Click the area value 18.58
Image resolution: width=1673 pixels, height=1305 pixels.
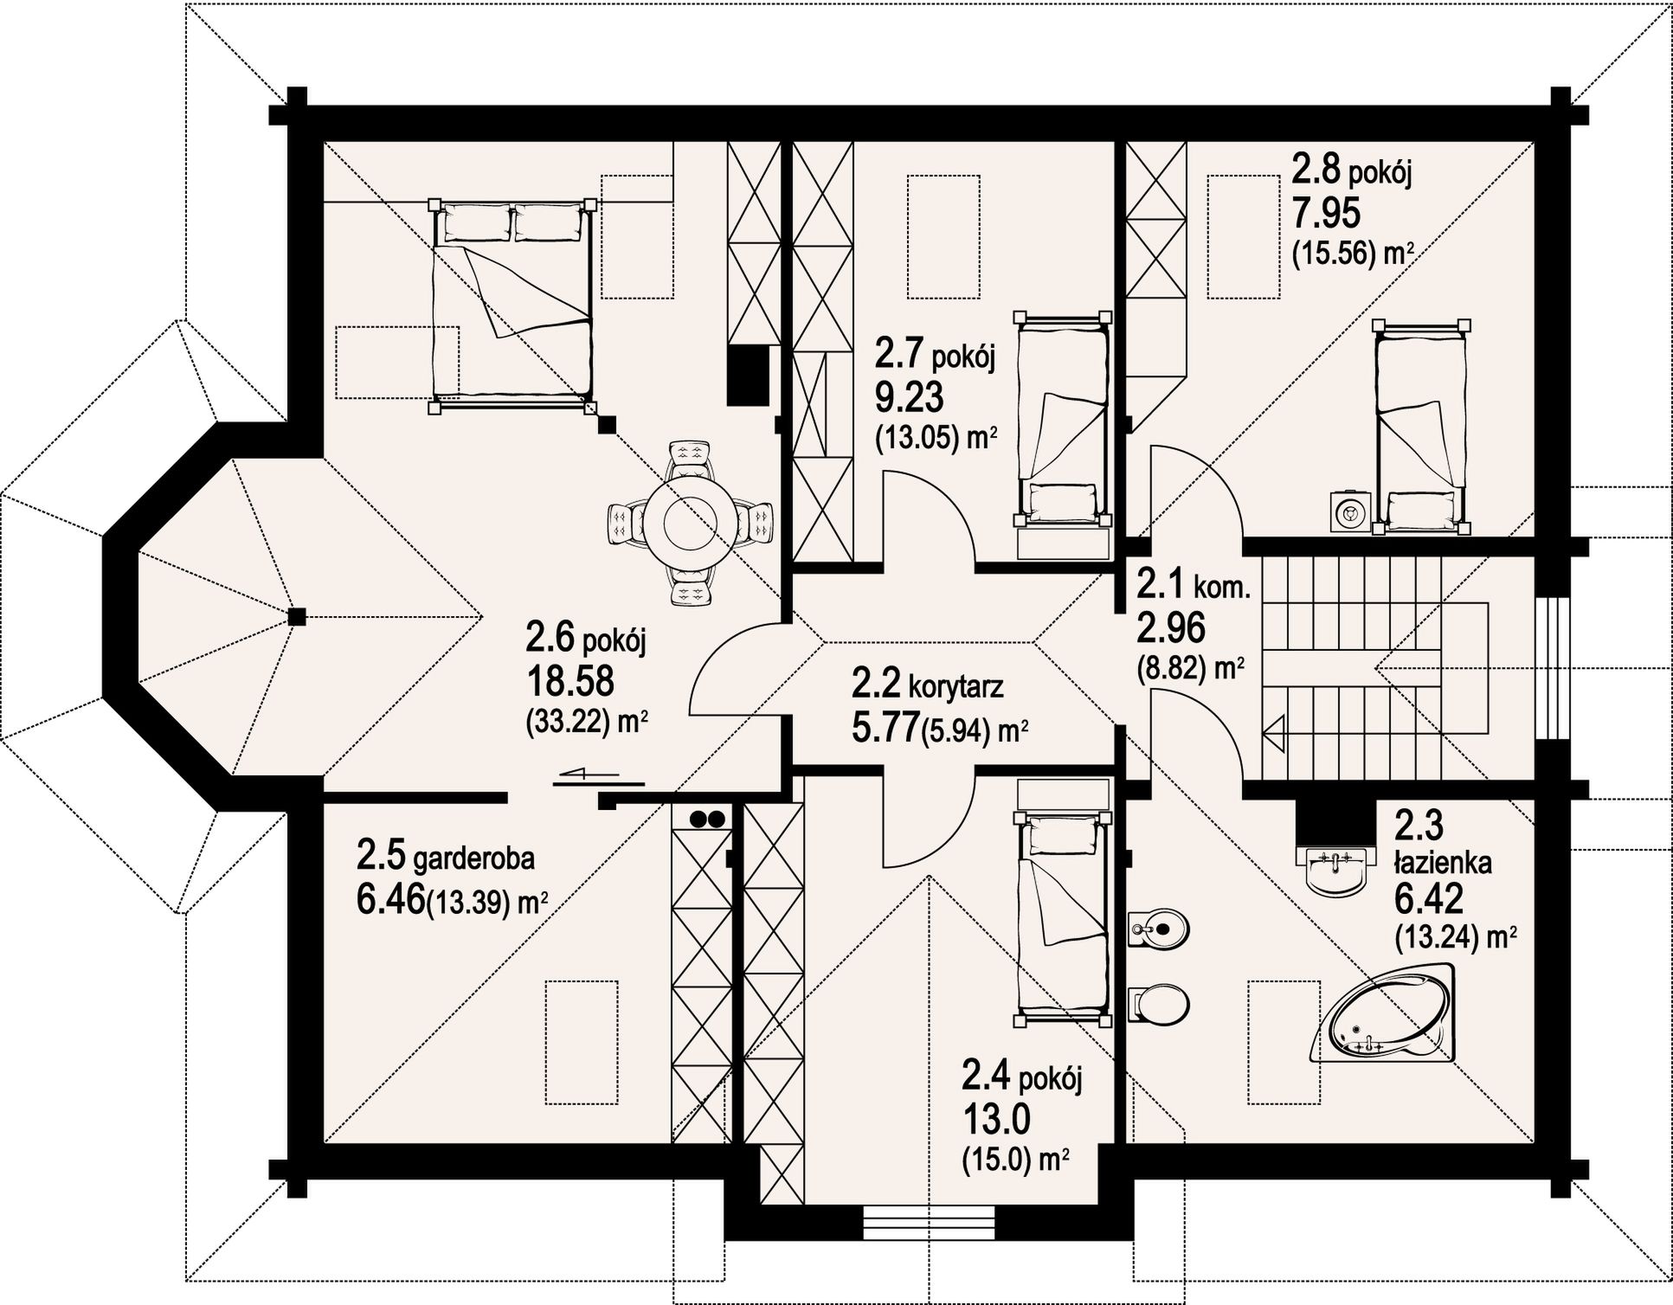tap(571, 681)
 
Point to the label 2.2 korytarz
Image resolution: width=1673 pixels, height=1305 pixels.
tap(927, 685)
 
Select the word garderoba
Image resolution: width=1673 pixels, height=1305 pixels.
tap(473, 859)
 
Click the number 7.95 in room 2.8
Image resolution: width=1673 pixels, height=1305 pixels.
tap(1326, 213)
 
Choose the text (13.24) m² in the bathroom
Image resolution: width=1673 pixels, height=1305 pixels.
tap(1455, 936)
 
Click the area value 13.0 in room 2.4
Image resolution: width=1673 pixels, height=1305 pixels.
tap(995, 1122)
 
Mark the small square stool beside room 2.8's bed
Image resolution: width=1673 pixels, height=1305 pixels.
tap(1348, 511)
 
